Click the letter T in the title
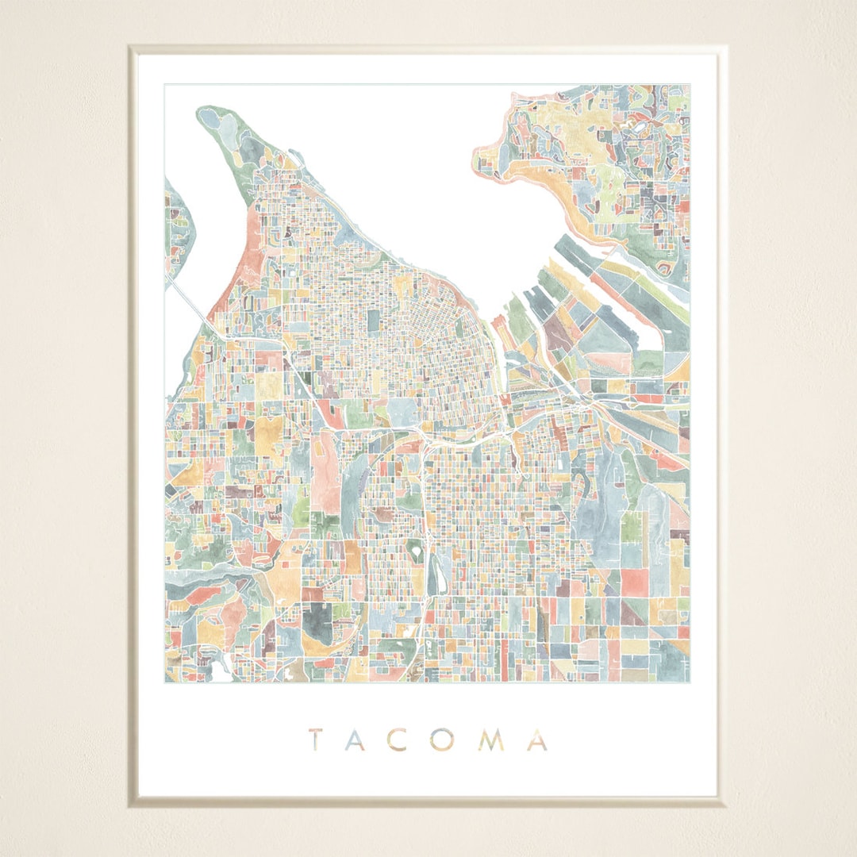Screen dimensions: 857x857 point(314,740)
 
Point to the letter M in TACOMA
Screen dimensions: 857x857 point(494,740)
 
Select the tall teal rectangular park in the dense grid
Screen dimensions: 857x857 point(374,321)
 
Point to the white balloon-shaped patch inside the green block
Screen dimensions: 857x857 point(413,547)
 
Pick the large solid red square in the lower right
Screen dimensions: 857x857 point(635,582)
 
